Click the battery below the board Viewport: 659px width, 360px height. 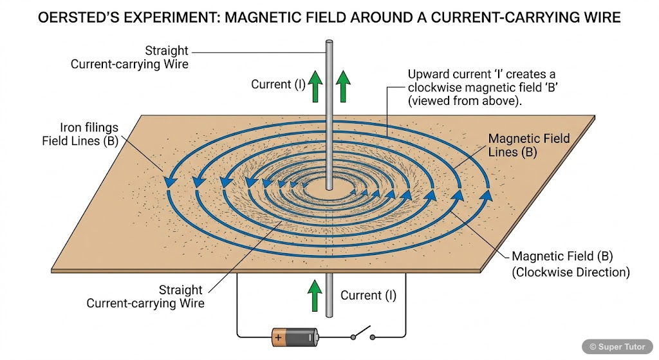point(295,337)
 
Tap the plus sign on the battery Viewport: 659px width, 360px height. point(278,337)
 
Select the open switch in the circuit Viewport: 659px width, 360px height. point(362,336)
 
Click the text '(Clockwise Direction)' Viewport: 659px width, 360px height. point(570,272)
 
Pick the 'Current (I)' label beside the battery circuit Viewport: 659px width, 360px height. point(368,296)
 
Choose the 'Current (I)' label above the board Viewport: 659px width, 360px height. point(279,84)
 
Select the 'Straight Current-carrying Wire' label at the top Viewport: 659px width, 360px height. point(148,57)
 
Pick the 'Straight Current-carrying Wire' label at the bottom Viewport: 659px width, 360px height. point(163,296)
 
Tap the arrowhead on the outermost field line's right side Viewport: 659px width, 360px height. point(487,194)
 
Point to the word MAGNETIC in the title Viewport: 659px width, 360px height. point(274,17)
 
